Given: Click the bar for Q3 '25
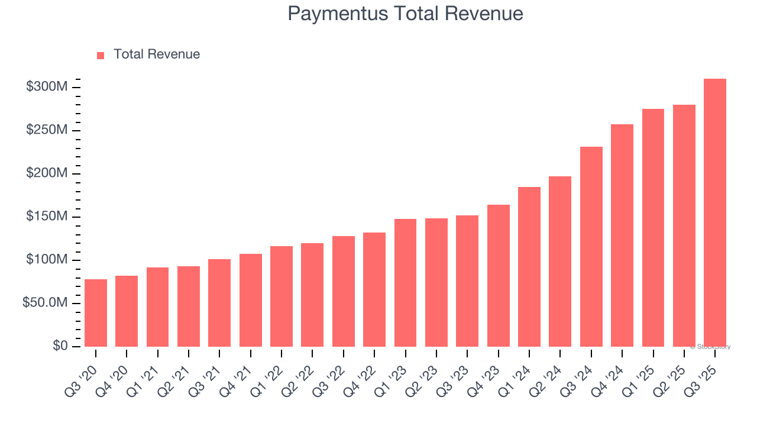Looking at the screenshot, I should coord(715,212).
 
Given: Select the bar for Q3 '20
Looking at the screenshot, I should coord(96,313).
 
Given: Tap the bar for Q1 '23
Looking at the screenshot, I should coord(405,283).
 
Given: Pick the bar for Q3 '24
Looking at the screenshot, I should coord(591,247).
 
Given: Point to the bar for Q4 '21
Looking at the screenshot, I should coord(251,300).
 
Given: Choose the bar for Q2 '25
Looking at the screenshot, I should coord(684,225).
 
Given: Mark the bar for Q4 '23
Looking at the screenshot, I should coord(499,276).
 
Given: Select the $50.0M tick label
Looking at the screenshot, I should coord(45,303).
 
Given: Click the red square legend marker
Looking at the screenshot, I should coord(101,55).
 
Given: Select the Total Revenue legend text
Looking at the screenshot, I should coord(157,54).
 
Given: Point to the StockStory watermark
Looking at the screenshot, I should coord(711,347).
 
